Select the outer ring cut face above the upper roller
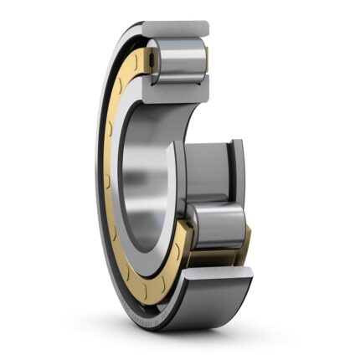175,31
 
